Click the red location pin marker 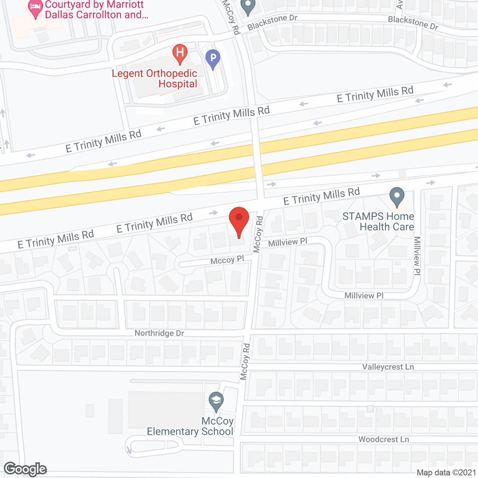click(239, 218)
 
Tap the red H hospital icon click(180, 53)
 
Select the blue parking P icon click(213, 59)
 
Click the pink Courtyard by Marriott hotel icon click(35, 8)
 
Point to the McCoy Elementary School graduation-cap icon click(216, 401)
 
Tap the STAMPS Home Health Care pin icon click(397, 196)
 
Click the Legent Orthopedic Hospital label click(155, 78)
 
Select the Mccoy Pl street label click(227, 260)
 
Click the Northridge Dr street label click(159, 333)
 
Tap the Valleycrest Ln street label click(388, 367)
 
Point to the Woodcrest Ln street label click(384, 440)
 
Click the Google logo click(25, 469)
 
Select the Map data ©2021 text click(446, 473)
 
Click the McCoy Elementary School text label click(190, 426)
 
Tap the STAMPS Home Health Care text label click(378, 221)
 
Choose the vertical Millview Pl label click(417, 256)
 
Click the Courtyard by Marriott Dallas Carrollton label click(96, 10)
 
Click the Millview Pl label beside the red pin click(288, 242)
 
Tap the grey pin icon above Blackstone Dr click(248, 6)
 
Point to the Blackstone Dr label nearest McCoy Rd click(272, 22)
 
